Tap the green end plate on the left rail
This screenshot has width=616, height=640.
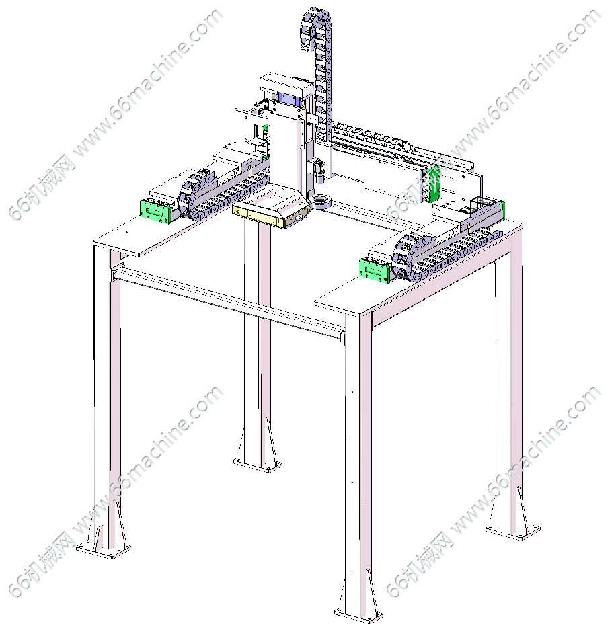[x=155, y=212]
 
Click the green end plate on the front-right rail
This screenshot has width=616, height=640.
[x=374, y=270]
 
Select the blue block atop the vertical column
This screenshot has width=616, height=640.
[x=290, y=99]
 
